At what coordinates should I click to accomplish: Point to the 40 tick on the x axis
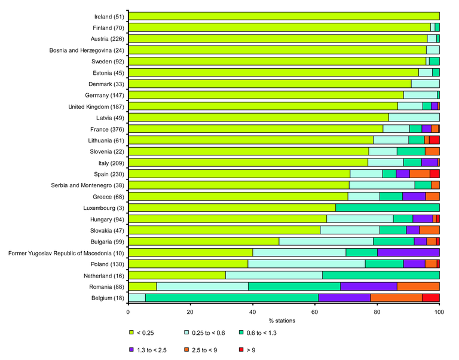tap(253, 312)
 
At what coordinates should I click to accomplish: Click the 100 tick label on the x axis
tap(439, 312)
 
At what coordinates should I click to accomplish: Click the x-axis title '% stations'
tap(284, 321)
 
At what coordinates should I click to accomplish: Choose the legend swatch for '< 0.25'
tap(131, 332)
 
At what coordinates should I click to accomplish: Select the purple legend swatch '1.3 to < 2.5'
tap(131, 349)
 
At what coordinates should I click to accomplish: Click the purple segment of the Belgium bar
tap(344, 297)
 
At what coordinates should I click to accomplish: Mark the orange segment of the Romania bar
tap(418, 286)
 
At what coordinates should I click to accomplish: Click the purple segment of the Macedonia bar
tap(408, 252)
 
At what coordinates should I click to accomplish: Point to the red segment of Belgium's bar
tap(430, 297)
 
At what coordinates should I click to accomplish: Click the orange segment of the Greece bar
tap(432, 196)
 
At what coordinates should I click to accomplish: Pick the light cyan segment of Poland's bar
tap(307, 264)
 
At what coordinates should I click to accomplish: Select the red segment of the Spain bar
tap(434, 173)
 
